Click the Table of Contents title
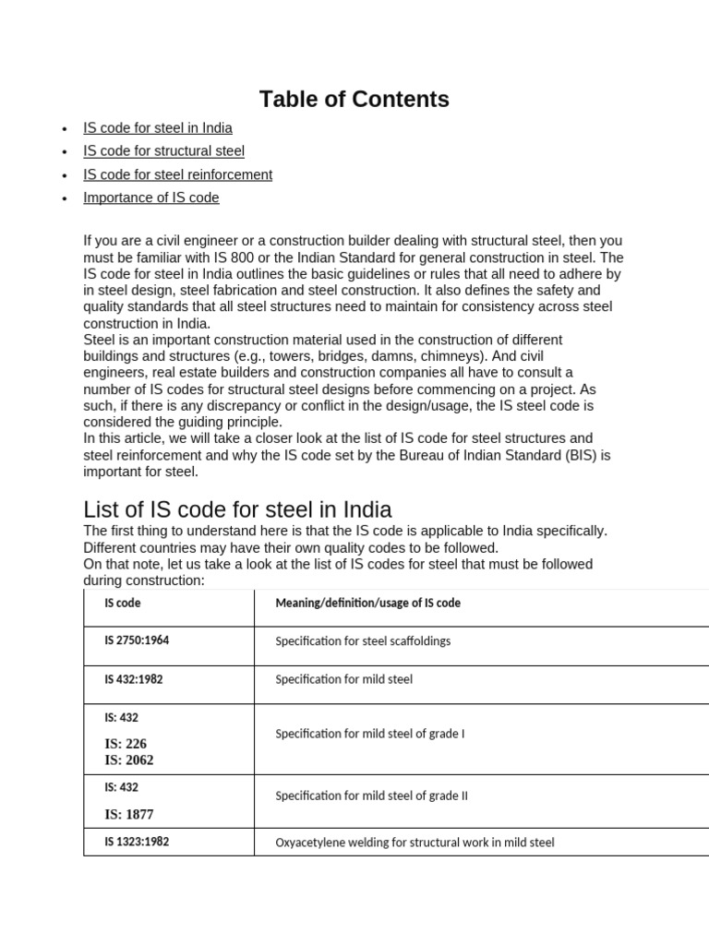point(354,99)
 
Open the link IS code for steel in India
point(157,127)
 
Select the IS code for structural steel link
point(163,150)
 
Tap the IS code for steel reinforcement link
point(177,174)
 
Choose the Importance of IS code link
point(150,197)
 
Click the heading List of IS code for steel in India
point(237,509)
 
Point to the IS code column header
point(123,603)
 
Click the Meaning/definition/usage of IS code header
point(367,603)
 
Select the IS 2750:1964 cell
point(138,640)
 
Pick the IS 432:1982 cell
point(134,679)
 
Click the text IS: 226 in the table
point(126,744)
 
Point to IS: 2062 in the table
point(129,760)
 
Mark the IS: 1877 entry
point(129,814)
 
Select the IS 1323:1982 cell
point(137,842)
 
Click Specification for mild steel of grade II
point(371,795)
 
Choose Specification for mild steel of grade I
point(369,735)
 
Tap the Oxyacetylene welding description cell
point(415,843)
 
